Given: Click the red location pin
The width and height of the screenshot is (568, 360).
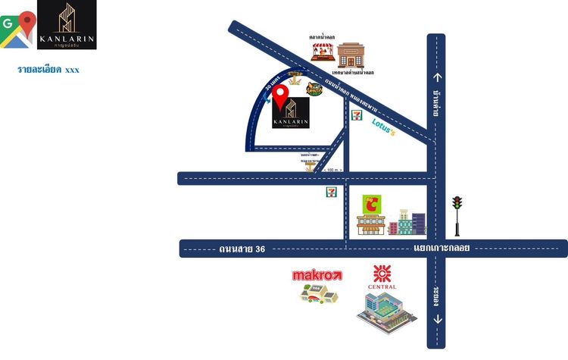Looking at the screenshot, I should (x=281, y=96).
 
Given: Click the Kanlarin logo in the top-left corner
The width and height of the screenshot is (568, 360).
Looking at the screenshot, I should (x=67, y=26).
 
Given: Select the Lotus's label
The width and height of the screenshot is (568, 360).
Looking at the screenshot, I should (x=384, y=130).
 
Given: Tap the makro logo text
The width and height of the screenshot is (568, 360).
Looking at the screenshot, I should (x=317, y=275).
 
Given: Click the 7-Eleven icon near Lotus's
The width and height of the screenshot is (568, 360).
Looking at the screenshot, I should (x=355, y=114).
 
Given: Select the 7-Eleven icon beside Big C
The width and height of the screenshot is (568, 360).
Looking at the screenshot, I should (x=331, y=192).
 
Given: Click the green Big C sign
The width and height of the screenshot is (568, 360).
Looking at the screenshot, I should (x=373, y=204).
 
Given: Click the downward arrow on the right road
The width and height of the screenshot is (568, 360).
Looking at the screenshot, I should (x=436, y=319).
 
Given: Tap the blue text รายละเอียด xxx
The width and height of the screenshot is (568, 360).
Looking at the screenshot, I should (x=48, y=70).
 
